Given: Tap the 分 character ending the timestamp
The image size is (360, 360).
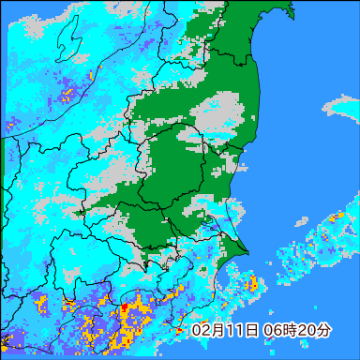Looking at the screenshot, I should [x=322, y=331].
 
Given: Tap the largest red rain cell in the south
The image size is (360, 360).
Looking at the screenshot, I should [x=125, y=309].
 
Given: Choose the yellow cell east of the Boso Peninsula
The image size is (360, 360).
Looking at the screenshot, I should [x=250, y=283].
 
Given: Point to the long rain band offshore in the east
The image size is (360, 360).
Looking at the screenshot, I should [x=323, y=234].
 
